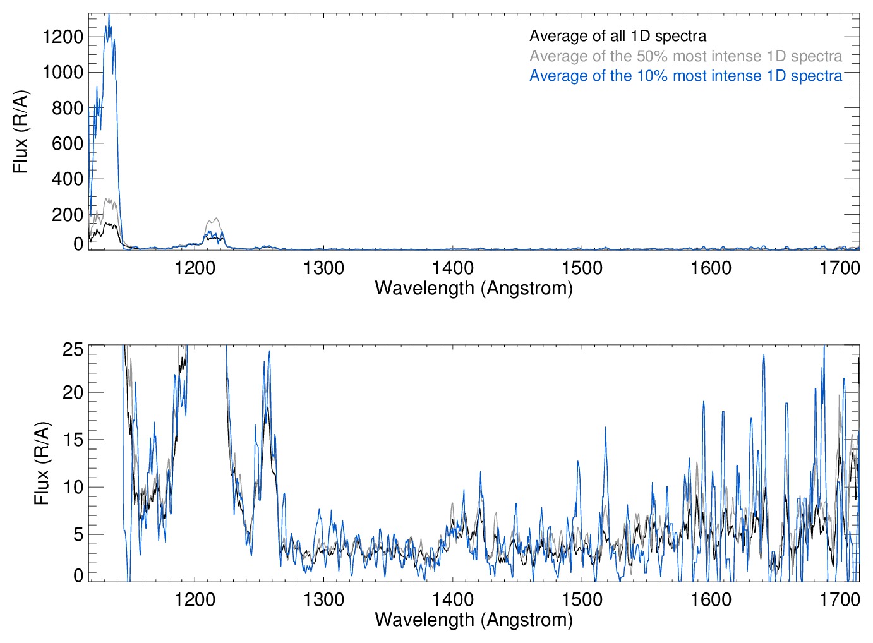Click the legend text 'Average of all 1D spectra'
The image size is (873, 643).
pyautogui.click(x=617, y=36)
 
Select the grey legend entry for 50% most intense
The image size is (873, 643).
pyautogui.click(x=685, y=56)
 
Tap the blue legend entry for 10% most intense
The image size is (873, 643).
pyautogui.click(x=685, y=76)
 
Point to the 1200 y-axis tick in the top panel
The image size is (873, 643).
pyautogui.click(x=63, y=37)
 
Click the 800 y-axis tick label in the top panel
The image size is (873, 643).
pyautogui.click(x=68, y=108)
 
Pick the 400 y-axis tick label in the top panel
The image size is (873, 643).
pyautogui.click(x=68, y=179)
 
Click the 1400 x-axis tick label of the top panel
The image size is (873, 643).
pyautogui.click(x=453, y=268)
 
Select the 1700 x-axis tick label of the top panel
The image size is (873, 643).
pyautogui.click(x=840, y=268)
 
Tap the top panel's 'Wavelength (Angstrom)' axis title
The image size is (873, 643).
pyautogui.click(x=474, y=288)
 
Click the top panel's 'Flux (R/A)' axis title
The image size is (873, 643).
pyautogui.click(x=20, y=131)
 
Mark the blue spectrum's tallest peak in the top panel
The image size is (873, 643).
pyautogui.click(x=109, y=15)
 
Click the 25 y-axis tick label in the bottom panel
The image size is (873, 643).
pyautogui.click(x=73, y=349)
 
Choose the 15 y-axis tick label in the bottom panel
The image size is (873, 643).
pyautogui.click(x=73, y=440)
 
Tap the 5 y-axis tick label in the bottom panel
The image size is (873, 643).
pyautogui.click(x=78, y=534)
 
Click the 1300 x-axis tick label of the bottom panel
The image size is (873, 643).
pyautogui.click(x=323, y=599)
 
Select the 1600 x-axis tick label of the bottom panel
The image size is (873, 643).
pyautogui.click(x=711, y=599)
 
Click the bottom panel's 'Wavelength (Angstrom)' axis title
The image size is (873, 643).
pyautogui.click(x=474, y=620)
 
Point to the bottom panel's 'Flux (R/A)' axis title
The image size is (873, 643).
pyautogui.click(x=41, y=463)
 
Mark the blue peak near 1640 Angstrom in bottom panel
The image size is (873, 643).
pyautogui.click(x=764, y=355)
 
